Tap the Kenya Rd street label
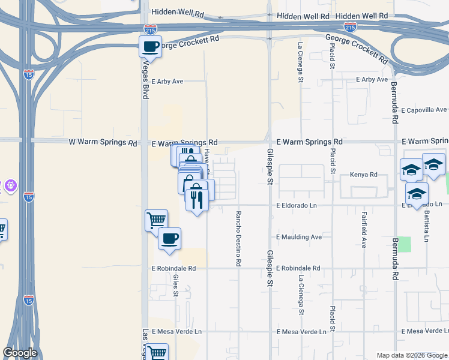click(363, 175)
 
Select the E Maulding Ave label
click(300, 237)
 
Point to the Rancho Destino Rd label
click(238, 238)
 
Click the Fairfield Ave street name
click(364, 229)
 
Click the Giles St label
click(176, 285)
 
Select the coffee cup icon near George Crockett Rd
click(150, 46)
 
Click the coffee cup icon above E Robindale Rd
click(169, 238)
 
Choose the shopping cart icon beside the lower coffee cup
click(156, 220)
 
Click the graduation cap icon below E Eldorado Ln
click(417, 194)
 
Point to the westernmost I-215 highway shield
click(151, 28)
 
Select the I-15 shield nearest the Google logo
click(28, 299)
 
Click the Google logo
click(20, 353)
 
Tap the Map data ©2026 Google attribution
click(411, 355)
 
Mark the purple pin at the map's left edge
click(10, 187)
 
